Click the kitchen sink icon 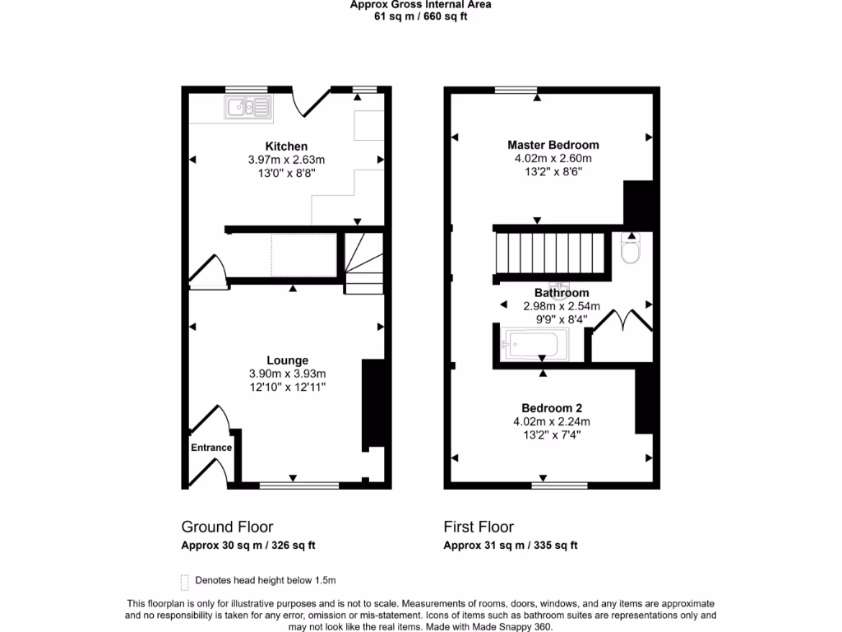tap(248, 107)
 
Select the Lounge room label tap(287, 360)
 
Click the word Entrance tap(211, 448)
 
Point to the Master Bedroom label tap(553, 145)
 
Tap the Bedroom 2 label tap(552, 408)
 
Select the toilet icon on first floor tap(631, 250)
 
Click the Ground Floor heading tap(227, 527)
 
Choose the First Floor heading tap(479, 527)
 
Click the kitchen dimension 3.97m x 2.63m tap(286, 160)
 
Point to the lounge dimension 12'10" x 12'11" tap(287, 387)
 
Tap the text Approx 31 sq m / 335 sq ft tap(511, 545)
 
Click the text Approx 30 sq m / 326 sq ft tap(248, 545)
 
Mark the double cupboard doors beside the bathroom tap(622, 321)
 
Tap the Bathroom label tap(562, 293)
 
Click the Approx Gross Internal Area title tap(421, 4)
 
